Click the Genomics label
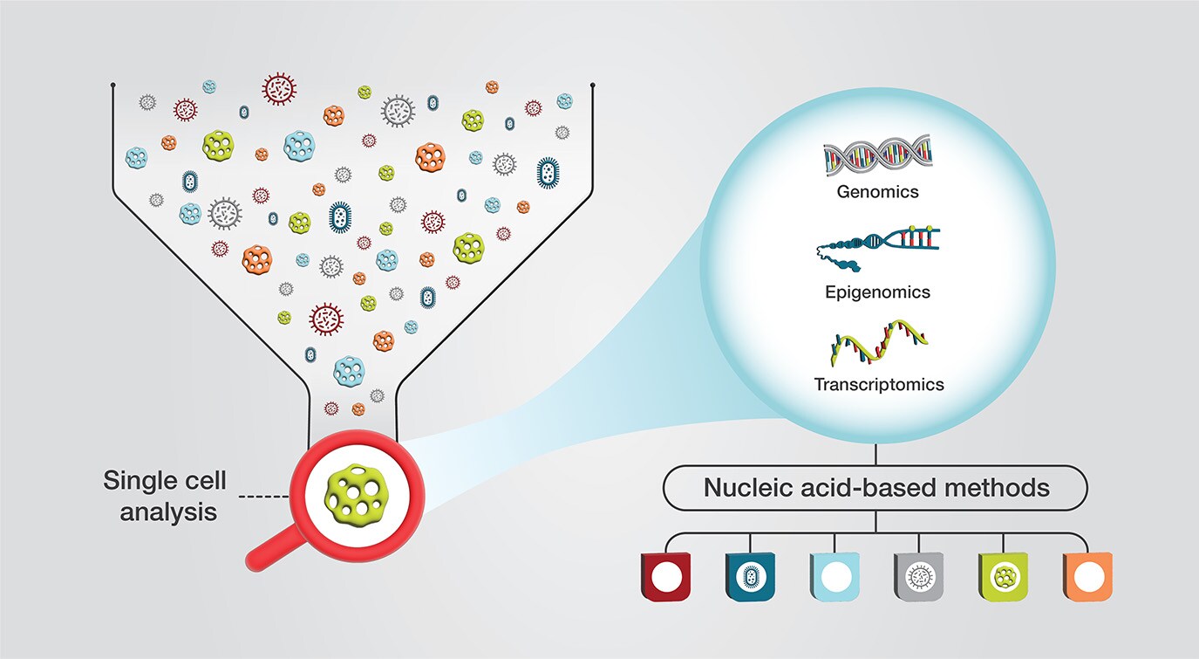(x=877, y=190)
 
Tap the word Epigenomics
(x=877, y=292)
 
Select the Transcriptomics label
(x=878, y=383)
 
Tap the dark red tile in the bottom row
(x=666, y=577)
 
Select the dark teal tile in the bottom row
(x=750, y=577)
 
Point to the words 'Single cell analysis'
(x=165, y=495)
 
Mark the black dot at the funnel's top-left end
(x=113, y=85)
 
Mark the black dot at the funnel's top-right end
(x=593, y=85)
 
